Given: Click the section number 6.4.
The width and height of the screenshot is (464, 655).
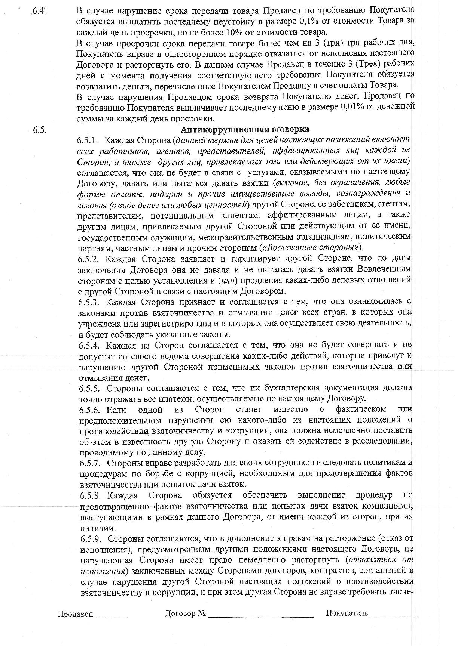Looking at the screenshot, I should pos(39,10).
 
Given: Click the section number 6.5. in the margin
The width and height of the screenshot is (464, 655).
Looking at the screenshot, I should pos(39,130).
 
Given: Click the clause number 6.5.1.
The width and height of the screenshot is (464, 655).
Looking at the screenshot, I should pos(88,140).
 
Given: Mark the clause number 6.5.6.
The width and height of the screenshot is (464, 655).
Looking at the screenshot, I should pos(89,409).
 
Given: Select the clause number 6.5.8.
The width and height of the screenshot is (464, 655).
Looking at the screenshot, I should pos(90,495).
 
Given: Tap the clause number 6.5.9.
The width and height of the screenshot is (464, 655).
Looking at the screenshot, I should pos(90,538).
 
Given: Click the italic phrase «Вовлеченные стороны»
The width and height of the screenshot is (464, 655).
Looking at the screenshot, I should pos(311,247).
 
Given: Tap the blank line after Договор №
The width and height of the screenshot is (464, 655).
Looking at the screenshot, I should pos(260,614).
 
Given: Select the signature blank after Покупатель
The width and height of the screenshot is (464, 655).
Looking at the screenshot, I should pos(393,614).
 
